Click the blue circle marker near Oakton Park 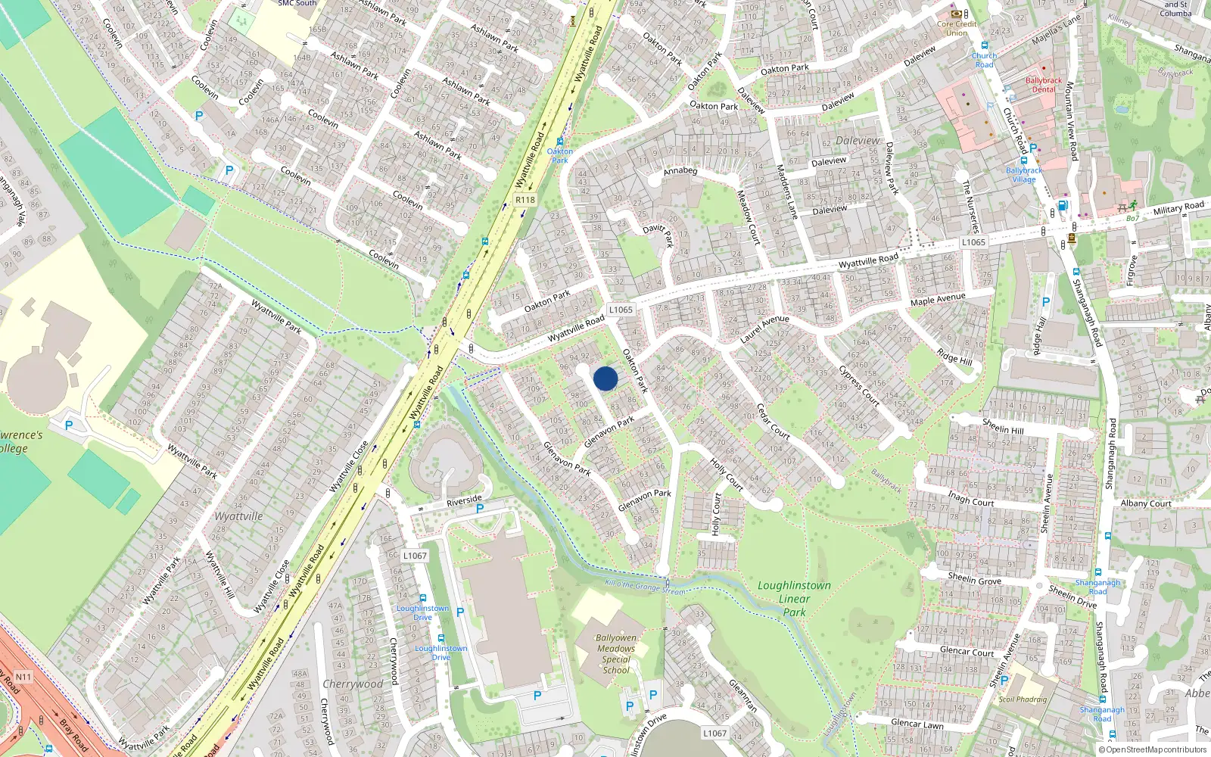click(605, 378)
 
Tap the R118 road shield click(525, 200)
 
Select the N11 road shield click(23, 677)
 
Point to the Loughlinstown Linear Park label click(794, 598)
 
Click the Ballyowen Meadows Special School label click(616, 654)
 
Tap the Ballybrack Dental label click(1044, 85)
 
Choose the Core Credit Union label click(957, 28)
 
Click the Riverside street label click(464, 500)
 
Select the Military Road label click(1178, 208)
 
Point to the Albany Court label click(1146, 503)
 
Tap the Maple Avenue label click(938, 300)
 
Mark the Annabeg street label click(680, 171)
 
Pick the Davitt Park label click(658, 233)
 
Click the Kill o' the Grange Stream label click(646, 587)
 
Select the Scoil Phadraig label click(1022, 699)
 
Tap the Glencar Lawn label click(917, 724)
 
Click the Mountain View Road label click(1071, 121)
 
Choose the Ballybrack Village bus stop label click(1023, 175)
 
